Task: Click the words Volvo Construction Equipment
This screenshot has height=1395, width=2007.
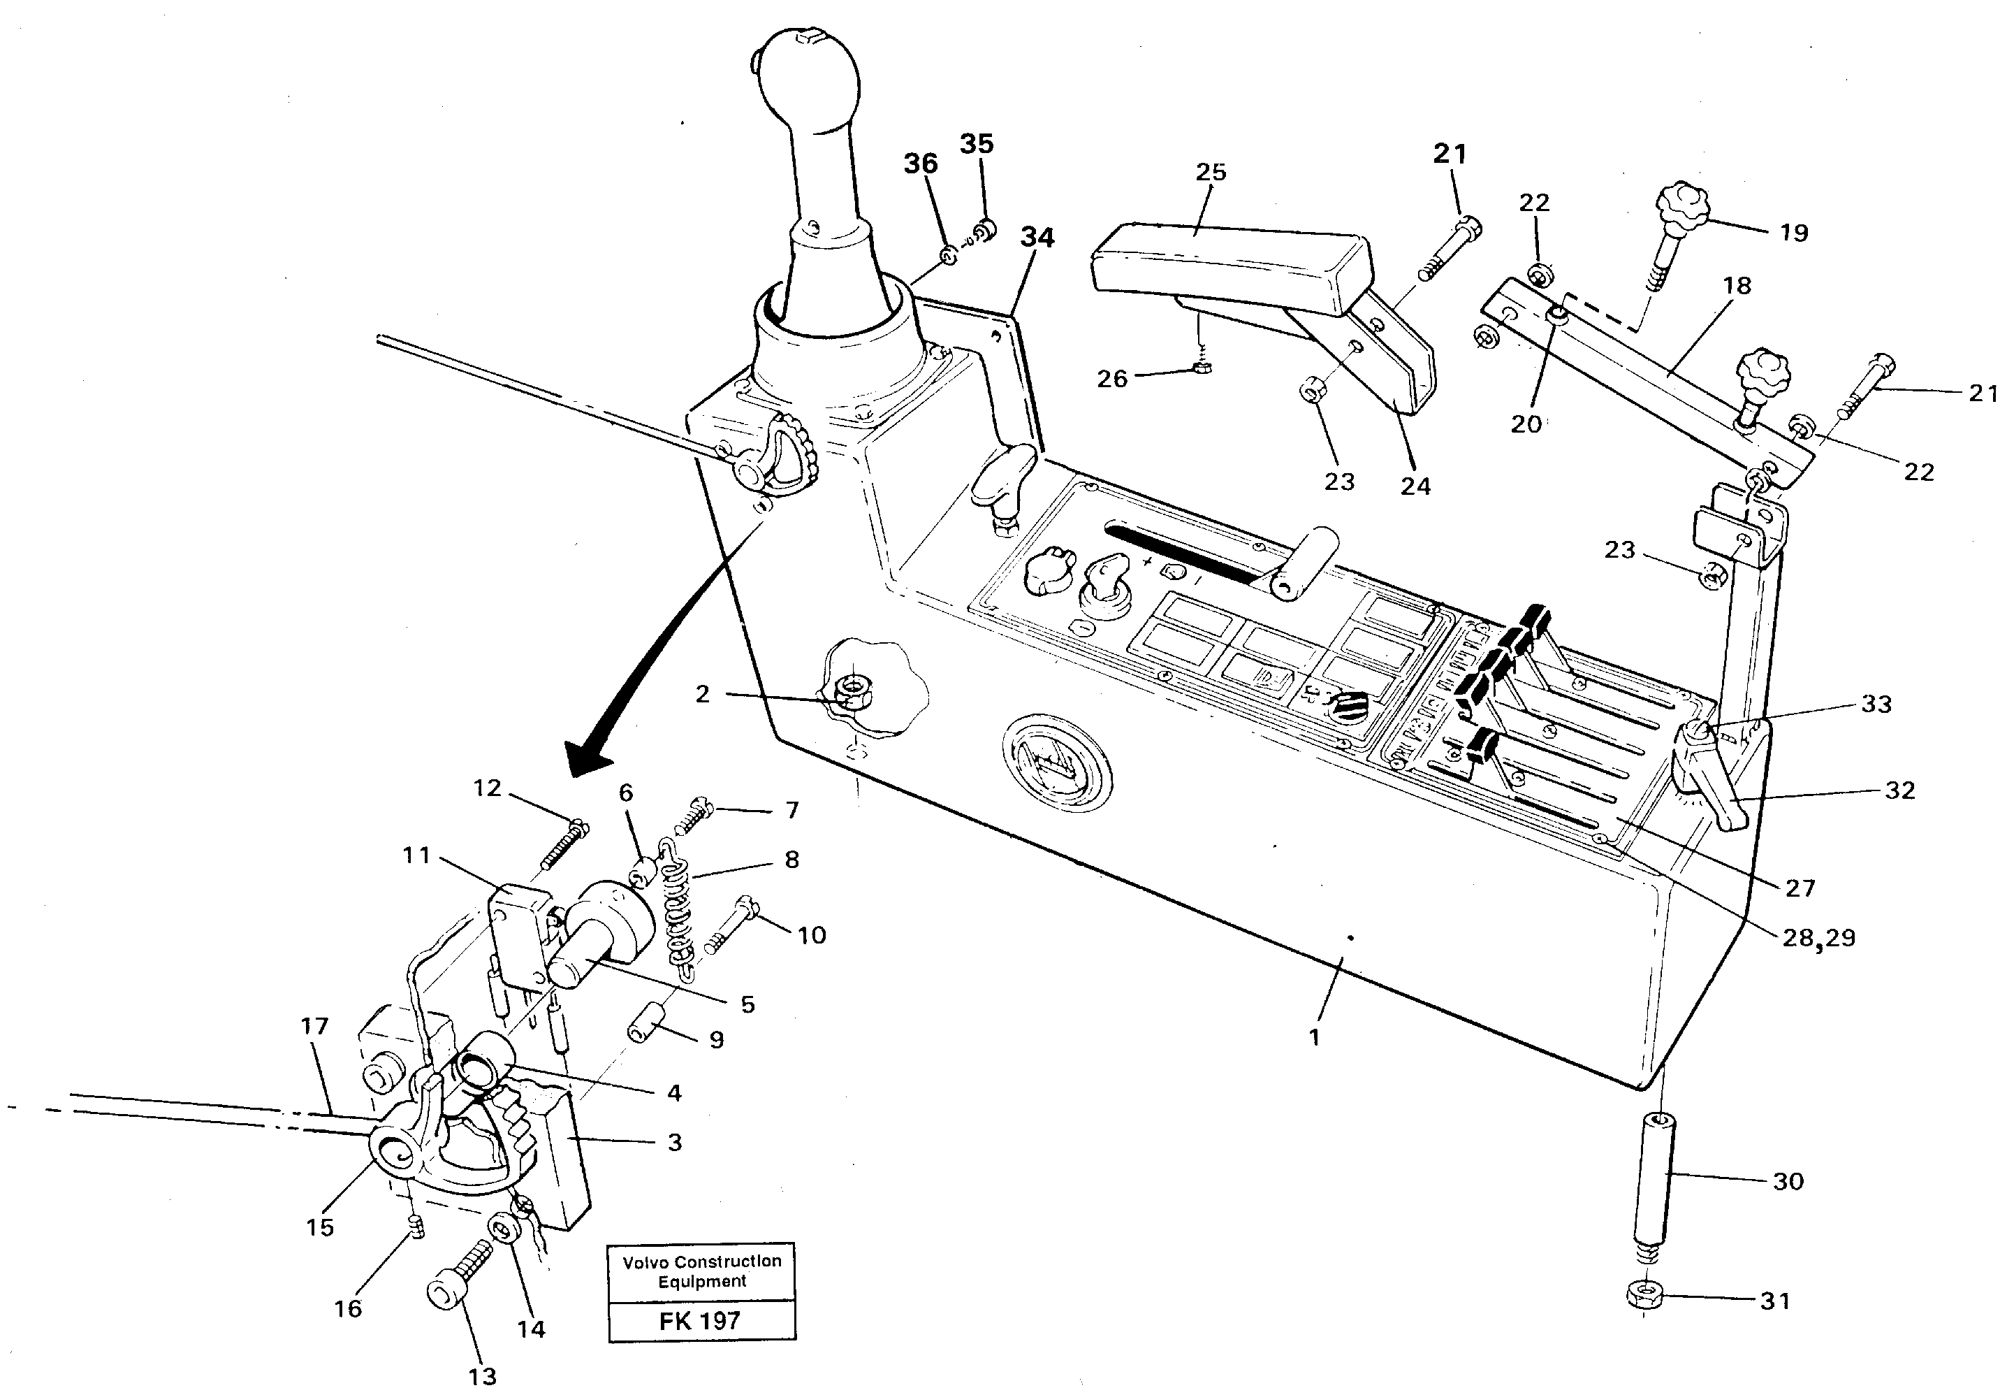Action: pos(701,1271)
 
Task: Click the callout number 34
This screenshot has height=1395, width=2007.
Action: pos(1037,238)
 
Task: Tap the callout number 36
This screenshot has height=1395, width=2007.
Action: pos(920,164)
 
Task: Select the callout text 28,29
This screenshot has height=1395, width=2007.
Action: pos(1818,938)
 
